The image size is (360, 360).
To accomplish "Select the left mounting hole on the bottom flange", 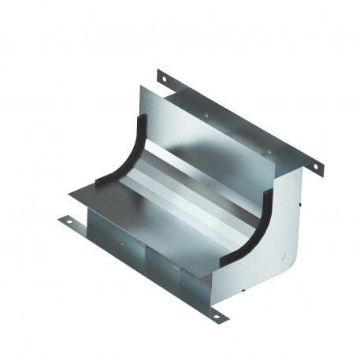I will (69, 222).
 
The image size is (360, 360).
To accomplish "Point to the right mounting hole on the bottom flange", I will (216, 317).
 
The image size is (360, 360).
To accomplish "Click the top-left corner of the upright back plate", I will (144, 88).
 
